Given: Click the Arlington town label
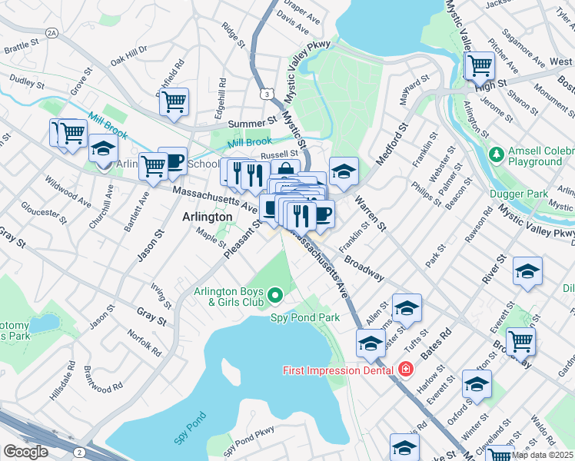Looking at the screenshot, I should click(x=207, y=217).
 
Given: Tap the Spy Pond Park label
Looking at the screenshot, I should click(x=304, y=317).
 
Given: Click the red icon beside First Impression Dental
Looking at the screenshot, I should click(x=404, y=370).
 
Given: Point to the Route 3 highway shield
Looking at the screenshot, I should click(x=266, y=94).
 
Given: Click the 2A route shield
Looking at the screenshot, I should click(x=52, y=33).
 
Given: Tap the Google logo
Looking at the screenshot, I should click(x=25, y=451).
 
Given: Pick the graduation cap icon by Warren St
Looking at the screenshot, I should click(x=344, y=170).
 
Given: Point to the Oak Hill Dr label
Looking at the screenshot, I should click(x=128, y=58).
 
